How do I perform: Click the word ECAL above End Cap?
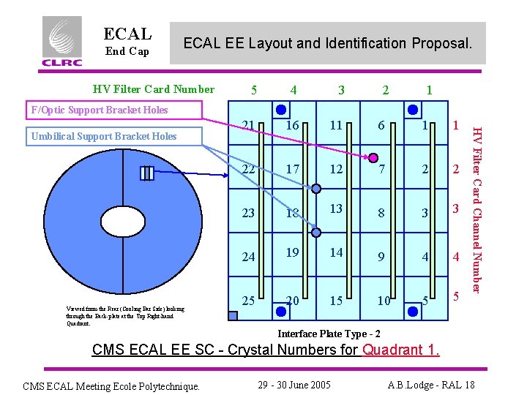click(128, 34)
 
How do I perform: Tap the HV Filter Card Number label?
click(154, 89)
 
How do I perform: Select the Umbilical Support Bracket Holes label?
click(103, 136)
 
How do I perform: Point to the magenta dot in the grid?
click(373, 158)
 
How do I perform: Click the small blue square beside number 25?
click(233, 316)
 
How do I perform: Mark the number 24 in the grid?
click(249, 257)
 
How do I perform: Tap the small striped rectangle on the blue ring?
click(148, 173)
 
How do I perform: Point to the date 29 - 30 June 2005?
click(296, 385)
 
